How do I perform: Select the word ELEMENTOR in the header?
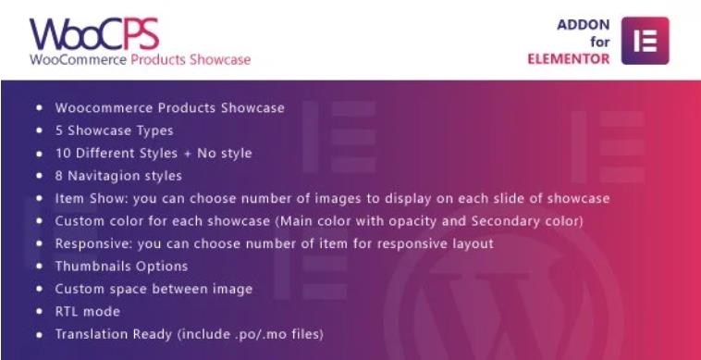click(x=567, y=59)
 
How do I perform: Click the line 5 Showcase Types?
click(x=114, y=130)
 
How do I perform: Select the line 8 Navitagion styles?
click(x=118, y=176)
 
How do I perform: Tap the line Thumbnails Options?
click(x=121, y=267)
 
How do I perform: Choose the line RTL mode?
click(x=87, y=311)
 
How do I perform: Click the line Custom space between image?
click(x=154, y=289)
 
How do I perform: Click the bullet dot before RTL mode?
click(x=39, y=312)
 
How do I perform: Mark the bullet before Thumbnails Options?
click(x=39, y=267)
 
